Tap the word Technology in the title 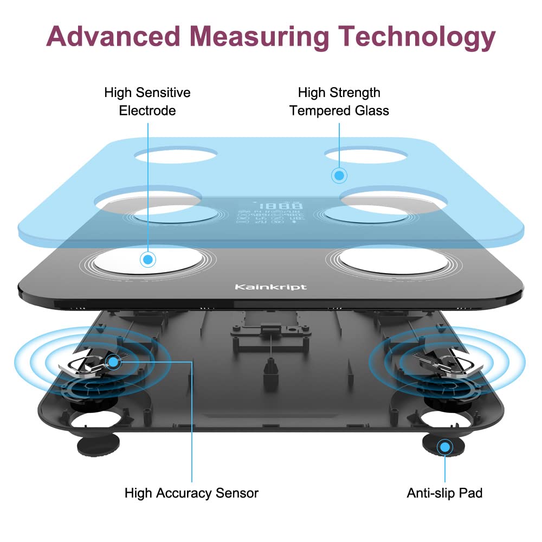click(417, 37)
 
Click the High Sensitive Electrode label click(147, 102)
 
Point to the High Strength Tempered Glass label click(339, 102)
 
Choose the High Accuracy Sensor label click(191, 493)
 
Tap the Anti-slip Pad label click(444, 493)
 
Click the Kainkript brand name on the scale click(270, 286)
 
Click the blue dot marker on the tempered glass click(339, 175)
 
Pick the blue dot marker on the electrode click(147, 259)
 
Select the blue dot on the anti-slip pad click(445, 447)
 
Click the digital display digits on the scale click(280, 207)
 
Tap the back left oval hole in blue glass click(176, 155)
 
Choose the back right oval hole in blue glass click(366, 156)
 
